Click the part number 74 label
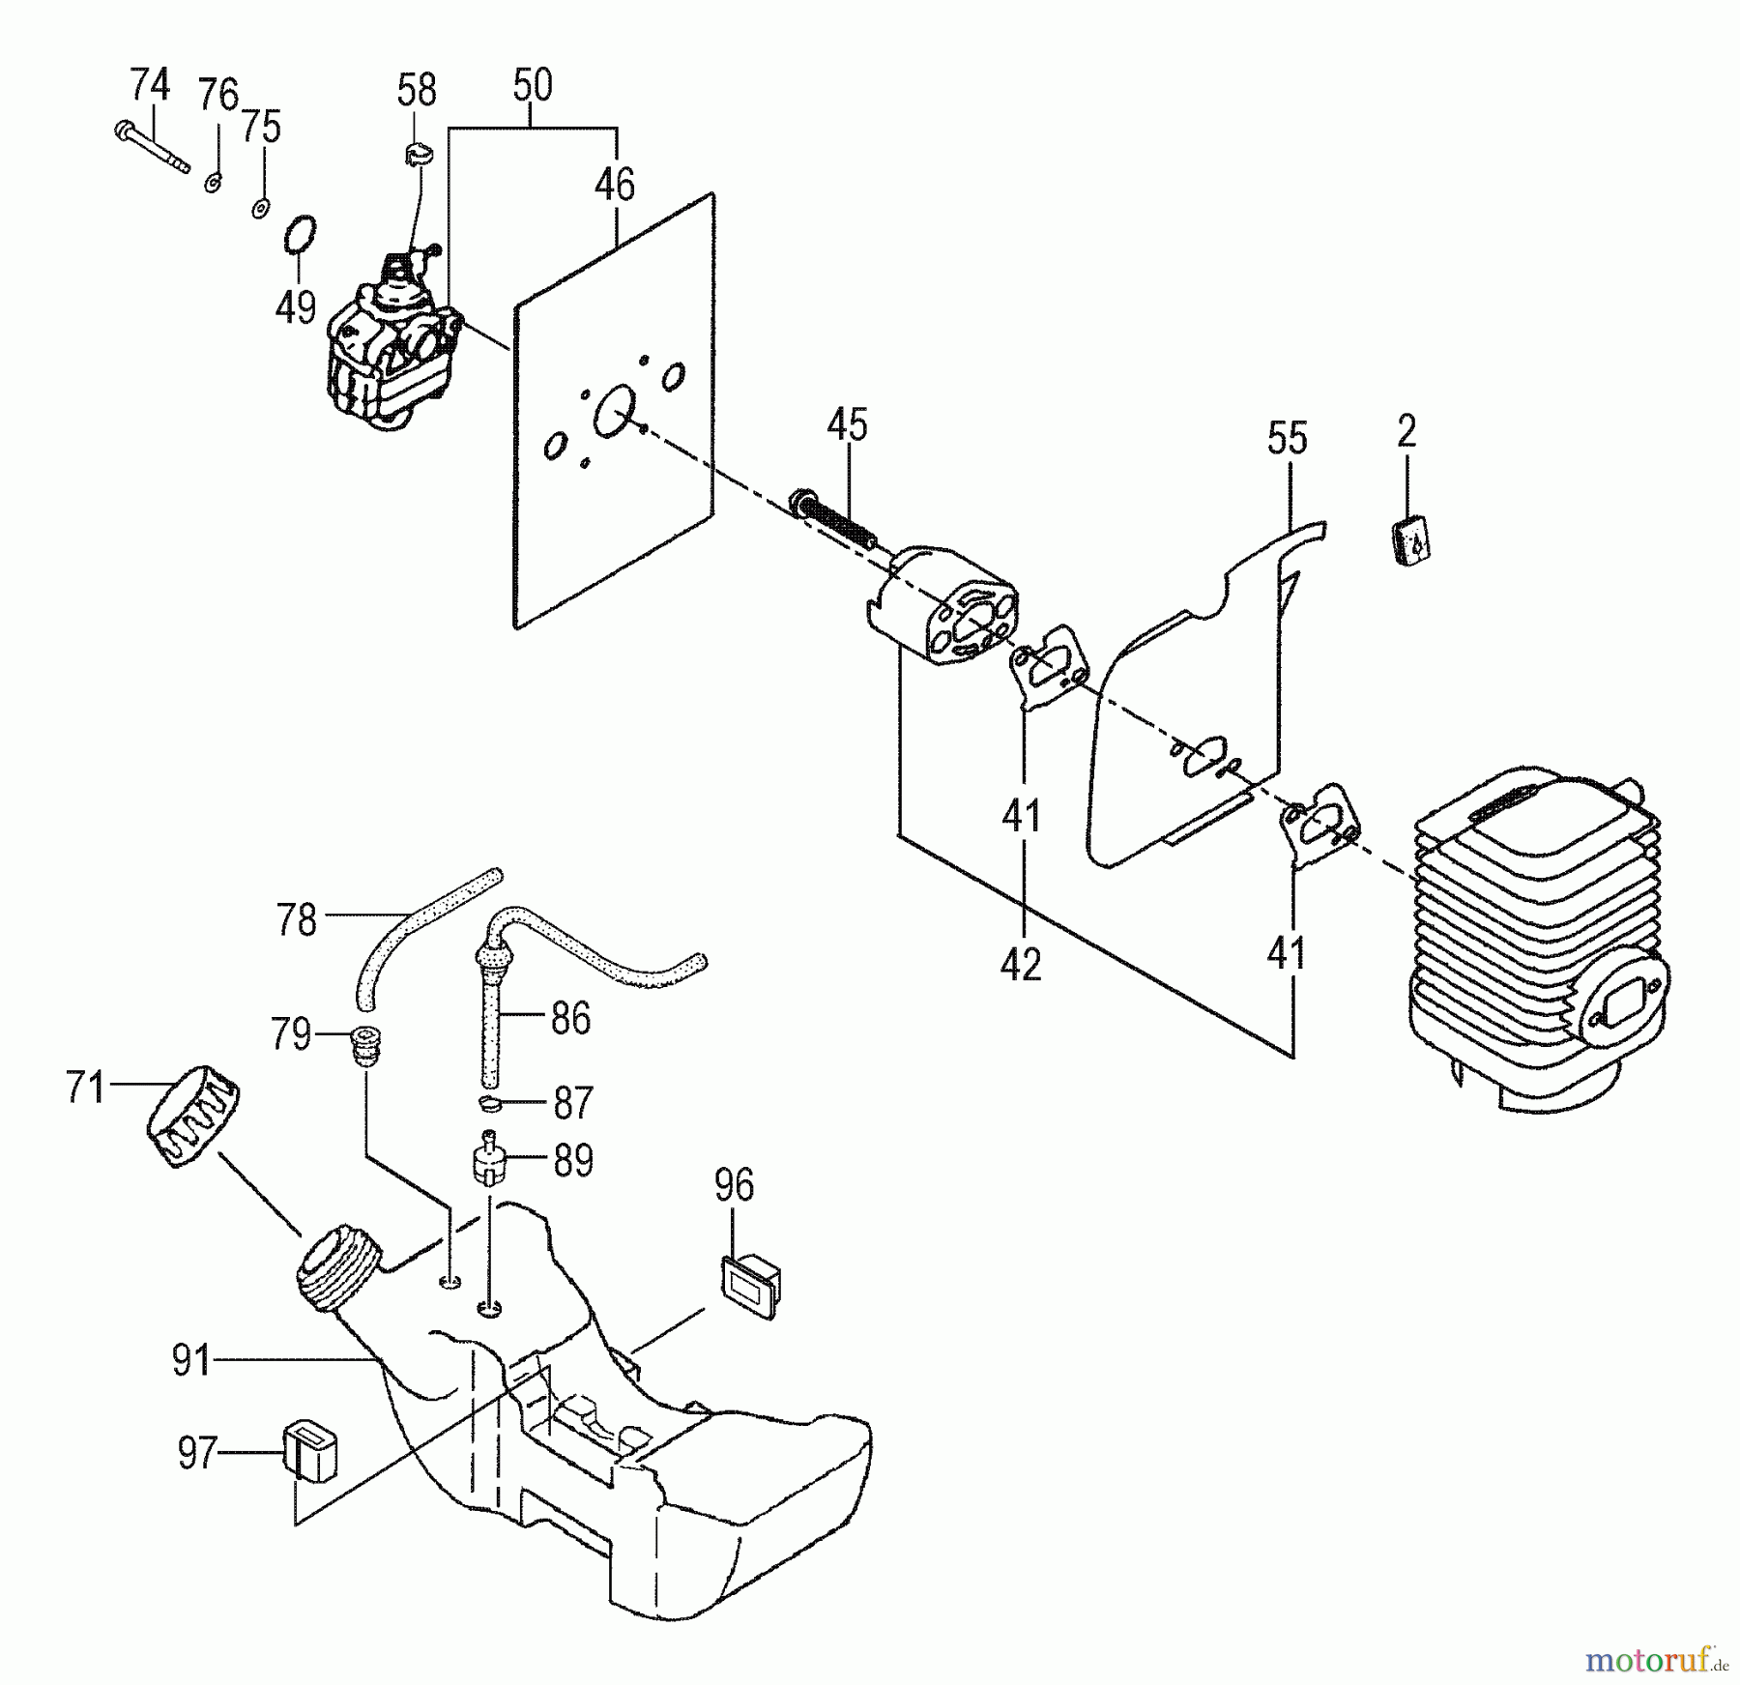(150, 85)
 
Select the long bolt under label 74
(152, 148)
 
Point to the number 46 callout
(615, 184)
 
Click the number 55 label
(1288, 438)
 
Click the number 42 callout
(1022, 964)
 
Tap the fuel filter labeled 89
(490, 1157)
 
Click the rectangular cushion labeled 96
(750, 1285)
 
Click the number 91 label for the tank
(190, 1361)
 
